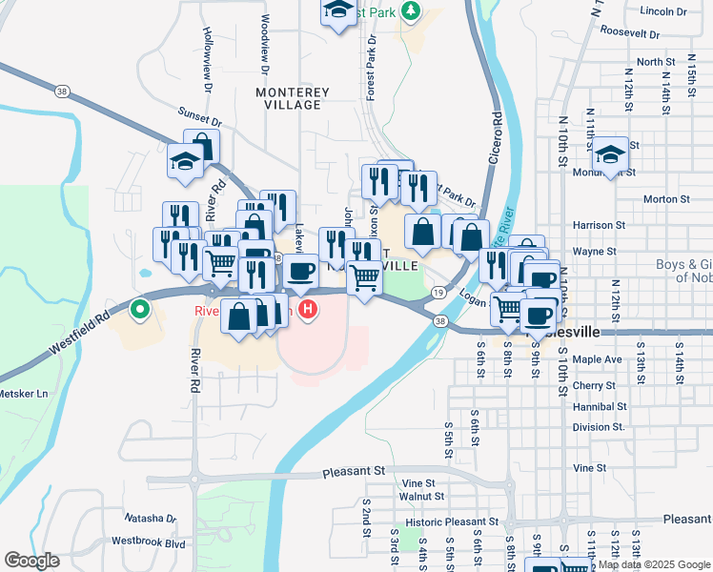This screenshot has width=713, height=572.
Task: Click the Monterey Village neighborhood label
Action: [x=293, y=100]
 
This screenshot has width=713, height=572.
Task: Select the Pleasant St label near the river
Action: [x=353, y=471]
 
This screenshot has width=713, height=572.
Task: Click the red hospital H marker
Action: [x=308, y=309]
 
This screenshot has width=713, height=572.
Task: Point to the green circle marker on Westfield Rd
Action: [x=139, y=309]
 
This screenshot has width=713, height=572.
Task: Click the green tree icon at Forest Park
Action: [x=411, y=10]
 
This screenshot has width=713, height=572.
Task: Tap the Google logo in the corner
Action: [x=32, y=561]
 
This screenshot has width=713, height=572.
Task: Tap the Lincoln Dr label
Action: [x=664, y=11]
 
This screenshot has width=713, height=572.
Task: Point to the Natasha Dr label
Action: [x=151, y=519]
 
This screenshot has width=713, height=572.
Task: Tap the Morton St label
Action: [x=666, y=199]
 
